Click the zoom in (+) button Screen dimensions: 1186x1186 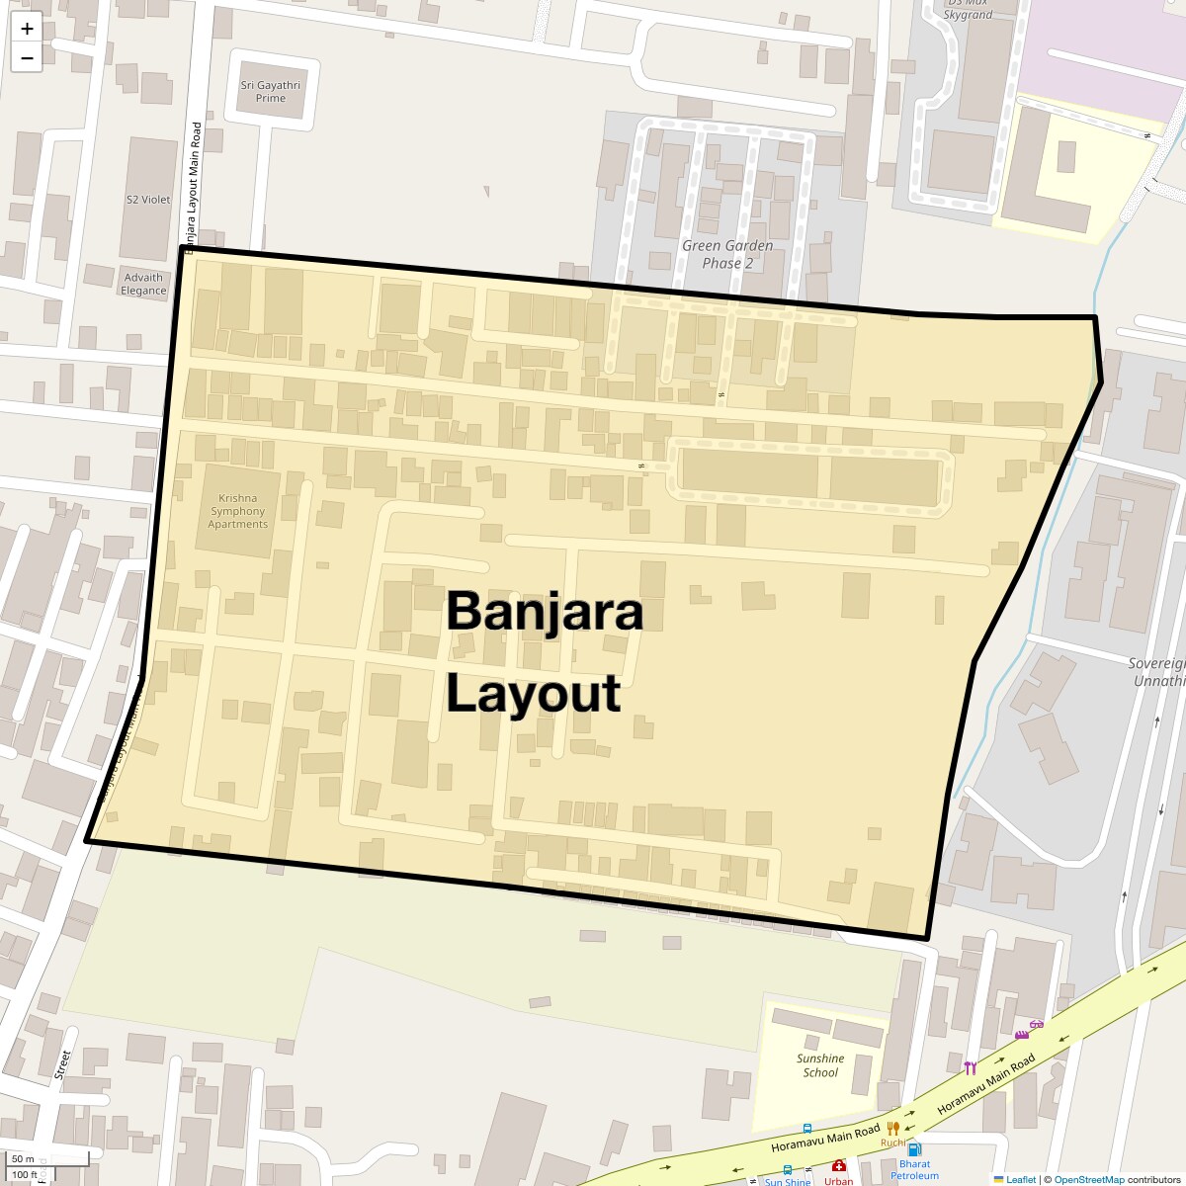tap(27, 29)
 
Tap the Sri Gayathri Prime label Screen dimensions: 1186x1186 tap(270, 91)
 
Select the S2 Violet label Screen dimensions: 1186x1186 tap(148, 200)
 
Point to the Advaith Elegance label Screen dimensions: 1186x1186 tap(143, 284)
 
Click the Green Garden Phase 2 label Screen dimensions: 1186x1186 tap(727, 254)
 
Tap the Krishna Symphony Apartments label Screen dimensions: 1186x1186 tap(237, 511)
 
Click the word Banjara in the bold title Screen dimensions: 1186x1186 tap(545, 611)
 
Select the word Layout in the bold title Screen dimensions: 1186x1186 tap(533, 693)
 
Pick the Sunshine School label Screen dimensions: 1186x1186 tap(820, 1065)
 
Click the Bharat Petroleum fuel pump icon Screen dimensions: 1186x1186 tap(914, 1149)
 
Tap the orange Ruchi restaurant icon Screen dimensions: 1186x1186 tap(893, 1128)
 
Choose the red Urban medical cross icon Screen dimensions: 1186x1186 tap(839, 1166)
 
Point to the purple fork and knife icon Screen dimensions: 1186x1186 tap(970, 1067)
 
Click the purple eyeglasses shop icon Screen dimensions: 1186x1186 tap(1036, 1025)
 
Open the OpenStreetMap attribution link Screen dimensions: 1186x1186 tap(1089, 1179)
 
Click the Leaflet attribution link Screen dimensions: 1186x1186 tap(1020, 1179)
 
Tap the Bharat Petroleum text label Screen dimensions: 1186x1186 tap(914, 1170)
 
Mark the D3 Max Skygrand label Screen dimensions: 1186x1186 tap(968, 10)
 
